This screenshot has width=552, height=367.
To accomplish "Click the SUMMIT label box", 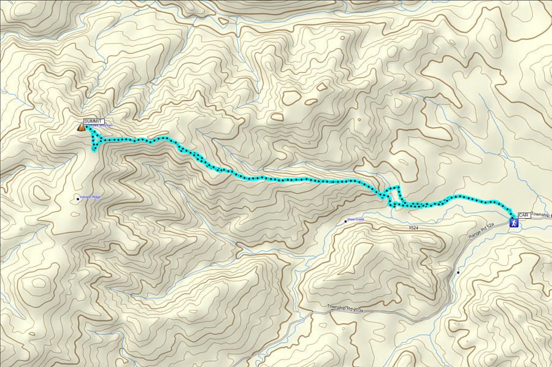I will tap(94, 121).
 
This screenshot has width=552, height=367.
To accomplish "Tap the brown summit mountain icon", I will tap(81, 128).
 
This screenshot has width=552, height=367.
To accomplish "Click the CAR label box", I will tap(524, 215).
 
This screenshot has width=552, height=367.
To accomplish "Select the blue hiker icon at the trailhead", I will tap(513, 224).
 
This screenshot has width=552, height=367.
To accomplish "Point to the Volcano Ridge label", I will tap(91, 197).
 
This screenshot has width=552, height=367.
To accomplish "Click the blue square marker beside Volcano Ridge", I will tap(77, 199).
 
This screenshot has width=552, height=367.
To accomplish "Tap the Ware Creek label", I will tap(356, 219).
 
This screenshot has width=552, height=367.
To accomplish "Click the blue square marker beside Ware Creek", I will tap(345, 221).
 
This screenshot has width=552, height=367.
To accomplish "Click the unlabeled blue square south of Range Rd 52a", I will tap(458, 272).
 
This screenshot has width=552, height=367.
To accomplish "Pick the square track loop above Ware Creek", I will tap(393, 194).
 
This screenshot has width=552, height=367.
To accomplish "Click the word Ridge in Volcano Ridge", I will tap(96, 197).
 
